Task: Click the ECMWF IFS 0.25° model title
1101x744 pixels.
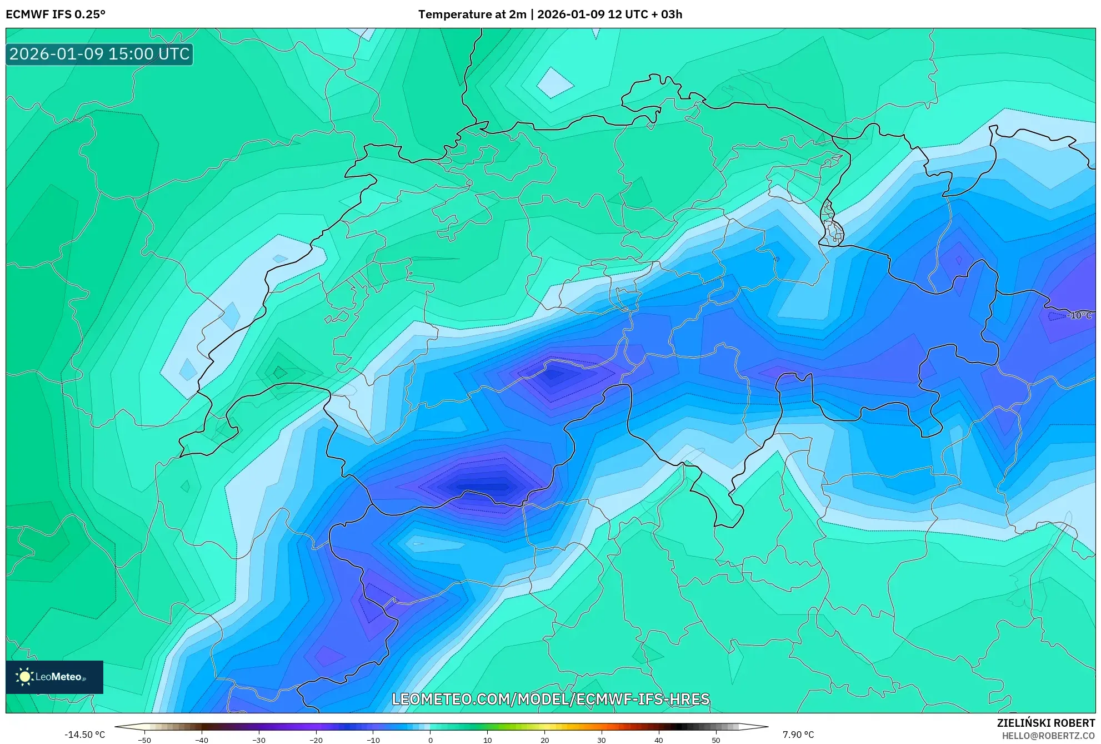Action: [x=56, y=14]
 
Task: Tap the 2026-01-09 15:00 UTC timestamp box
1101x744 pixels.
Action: [x=99, y=54]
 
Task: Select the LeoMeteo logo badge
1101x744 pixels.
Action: [x=54, y=677]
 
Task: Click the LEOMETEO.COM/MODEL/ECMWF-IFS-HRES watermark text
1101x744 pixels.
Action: [x=550, y=699]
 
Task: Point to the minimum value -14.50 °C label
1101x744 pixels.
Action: [x=84, y=735]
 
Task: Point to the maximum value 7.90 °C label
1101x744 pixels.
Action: [x=798, y=735]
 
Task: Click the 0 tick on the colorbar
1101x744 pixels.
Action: [x=430, y=740]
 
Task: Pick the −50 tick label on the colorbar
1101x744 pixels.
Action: [x=144, y=740]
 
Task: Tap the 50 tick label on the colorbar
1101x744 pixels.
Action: [x=715, y=740]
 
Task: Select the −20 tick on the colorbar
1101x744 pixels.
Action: [x=316, y=740]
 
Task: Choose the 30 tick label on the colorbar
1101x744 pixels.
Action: [x=602, y=740]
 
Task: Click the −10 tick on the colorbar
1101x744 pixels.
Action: [x=373, y=740]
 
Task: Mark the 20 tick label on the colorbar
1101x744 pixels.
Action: [x=544, y=740]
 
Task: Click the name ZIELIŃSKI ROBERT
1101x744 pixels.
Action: [x=1046, y=723]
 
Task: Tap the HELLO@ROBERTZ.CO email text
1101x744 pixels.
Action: [x=1048, y=736]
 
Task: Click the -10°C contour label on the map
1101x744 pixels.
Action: [x=1079, y=315]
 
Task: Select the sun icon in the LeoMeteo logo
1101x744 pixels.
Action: [x=24, y=677]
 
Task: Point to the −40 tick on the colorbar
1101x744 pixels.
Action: [x=201, y=740]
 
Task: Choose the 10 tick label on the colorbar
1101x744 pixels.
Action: [x=487, y=740]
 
